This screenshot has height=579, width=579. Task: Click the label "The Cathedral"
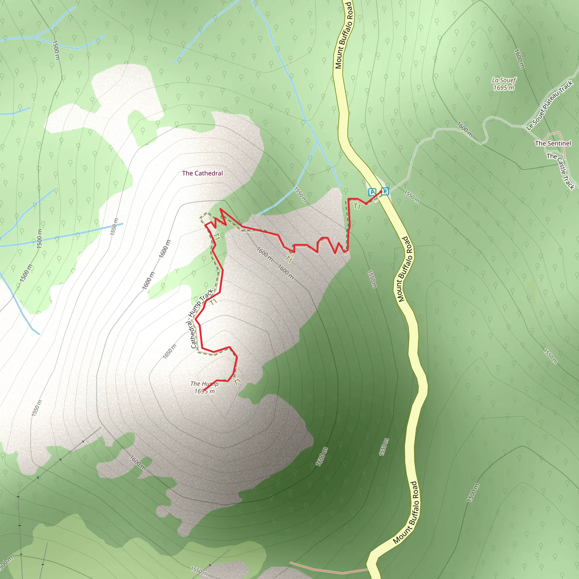tap(202, 173)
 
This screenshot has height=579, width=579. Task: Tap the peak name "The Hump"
tap(204, 384)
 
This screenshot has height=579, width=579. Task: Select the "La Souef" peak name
tap(504, 80)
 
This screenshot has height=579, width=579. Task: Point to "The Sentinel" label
tap(553, 143)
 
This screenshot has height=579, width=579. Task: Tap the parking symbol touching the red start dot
tap(385, 191)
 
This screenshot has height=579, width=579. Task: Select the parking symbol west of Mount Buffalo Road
tap(372, 192)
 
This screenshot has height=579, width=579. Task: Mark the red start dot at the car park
tap(381, 192)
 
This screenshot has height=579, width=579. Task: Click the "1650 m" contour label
tap(170, 351)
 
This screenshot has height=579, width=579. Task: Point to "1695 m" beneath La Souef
tap(504, 88)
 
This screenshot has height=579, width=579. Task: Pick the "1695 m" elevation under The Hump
tap(204, 391)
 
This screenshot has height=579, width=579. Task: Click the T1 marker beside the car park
tap(357, 206)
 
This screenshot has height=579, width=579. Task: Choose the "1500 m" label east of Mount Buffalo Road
tap(473, 493)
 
